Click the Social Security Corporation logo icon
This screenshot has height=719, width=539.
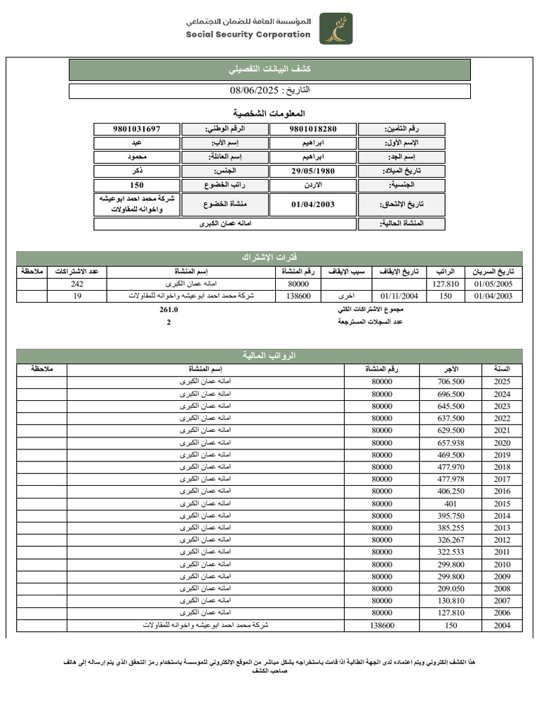coord(336,29)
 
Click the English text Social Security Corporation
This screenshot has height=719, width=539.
coord(248,34)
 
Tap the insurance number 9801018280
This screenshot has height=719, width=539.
coord(313,129)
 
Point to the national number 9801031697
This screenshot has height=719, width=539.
coord(137,129)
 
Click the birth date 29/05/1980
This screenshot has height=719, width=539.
coord(313,171)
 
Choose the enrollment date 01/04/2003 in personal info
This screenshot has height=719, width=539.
coord(313,204)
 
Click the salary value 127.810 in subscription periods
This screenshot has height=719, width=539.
coord(446,284)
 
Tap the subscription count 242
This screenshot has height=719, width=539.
coord(77,284)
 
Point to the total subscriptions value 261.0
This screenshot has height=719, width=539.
coord(169,310)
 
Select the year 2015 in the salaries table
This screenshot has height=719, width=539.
coord(502,504)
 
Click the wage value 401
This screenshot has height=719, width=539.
coord(451,504)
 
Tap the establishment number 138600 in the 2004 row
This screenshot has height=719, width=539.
coord(382,625)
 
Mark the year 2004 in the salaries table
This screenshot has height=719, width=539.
coord(502,625)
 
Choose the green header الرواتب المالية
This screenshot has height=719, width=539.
coord(269,356)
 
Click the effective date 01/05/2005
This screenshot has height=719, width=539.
coord(493,284)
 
